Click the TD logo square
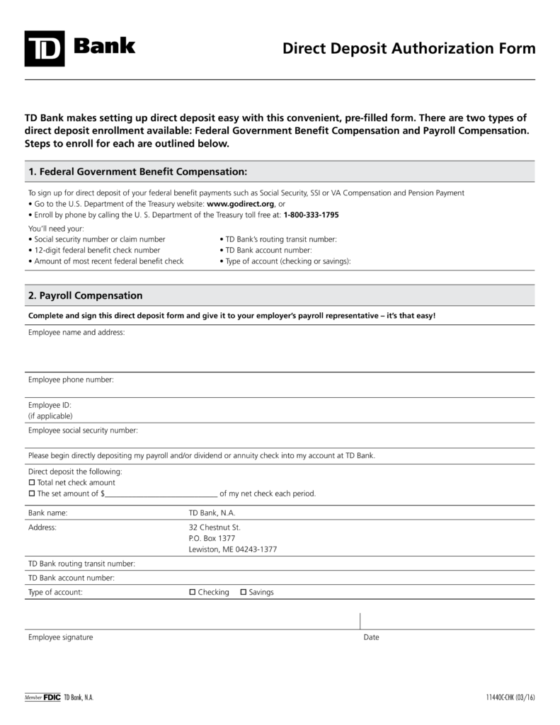point(45,49)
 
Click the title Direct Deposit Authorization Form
point(408,49)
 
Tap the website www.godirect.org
point(240,203)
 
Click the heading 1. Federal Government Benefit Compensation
point(137,172)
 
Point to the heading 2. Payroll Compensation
point(85,296)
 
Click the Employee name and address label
point(76,332)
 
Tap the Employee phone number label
point(71,380)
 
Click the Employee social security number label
point(83,430)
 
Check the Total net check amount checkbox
point(31,483)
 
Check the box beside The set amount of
point(31,494)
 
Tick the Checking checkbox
point(193,592)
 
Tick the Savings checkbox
point(244,592)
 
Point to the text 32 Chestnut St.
point(215,527)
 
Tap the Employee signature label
point(60,637)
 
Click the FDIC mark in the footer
point(52,698)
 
